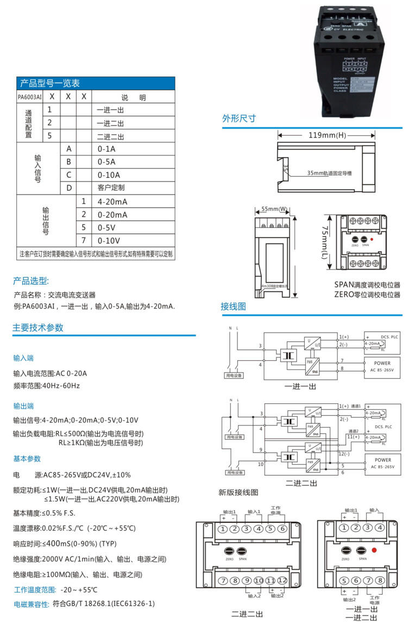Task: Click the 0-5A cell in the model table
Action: [x=106, y=162]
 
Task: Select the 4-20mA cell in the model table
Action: [x=112, y=202]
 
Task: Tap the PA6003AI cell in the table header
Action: [x=29, y=97]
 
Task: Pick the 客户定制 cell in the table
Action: [x=111, y=188]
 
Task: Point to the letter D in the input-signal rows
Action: [x=69, y=188]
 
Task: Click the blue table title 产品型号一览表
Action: [x=50, y=84]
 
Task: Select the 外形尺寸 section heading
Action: [x=238, y=118]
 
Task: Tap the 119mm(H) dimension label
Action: [x=327, y=135]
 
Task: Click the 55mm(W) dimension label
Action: [x=274, y=209]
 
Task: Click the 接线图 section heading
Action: [x=234, y=307]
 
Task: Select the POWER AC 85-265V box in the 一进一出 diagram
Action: [x=381, y=367]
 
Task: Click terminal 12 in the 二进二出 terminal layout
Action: [x=282, y=581]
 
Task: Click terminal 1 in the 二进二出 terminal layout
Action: [x=223, y=529]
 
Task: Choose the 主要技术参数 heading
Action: [x=38, y=328]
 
